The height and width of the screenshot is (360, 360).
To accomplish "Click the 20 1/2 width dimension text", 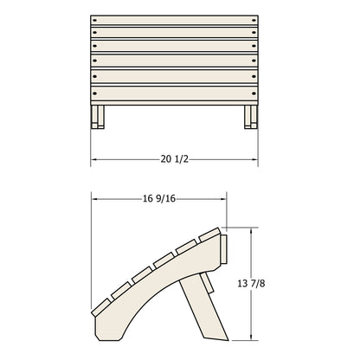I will click(x=176, y=158).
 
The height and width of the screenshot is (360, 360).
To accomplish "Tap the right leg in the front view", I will click(x=250, y=115).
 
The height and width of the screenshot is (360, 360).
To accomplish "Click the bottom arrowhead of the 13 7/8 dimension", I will click(x=253, y=337).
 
